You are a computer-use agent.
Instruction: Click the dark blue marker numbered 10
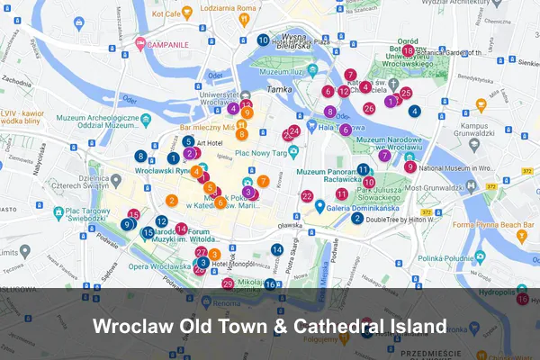click(263, 40)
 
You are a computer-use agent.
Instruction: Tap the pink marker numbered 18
click(408, 51)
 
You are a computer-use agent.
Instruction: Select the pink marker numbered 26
click(369, 108)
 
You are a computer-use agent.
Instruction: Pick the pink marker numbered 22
click(307, 196)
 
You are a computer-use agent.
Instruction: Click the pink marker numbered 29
click(228, 283)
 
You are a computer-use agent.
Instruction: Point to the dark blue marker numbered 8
click(140, 156)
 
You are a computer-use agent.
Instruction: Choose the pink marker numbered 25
click(406, 93)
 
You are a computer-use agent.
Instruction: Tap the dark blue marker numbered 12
click(161, 220)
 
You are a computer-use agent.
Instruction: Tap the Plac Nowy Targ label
click(260, 152)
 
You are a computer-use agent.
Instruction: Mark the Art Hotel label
click(209, 142)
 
